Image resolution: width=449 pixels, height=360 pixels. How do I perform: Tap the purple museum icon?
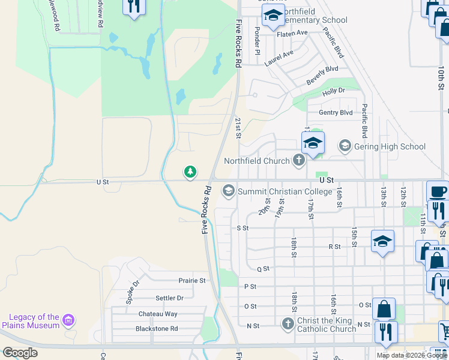(68, 320)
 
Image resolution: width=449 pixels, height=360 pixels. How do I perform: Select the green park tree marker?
(190, 173)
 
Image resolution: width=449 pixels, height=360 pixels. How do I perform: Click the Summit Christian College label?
(285, 191)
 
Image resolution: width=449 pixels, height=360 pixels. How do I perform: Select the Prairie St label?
(192, 280)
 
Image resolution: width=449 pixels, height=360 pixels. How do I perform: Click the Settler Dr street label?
(169, 298)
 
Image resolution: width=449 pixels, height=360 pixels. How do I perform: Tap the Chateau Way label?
(158, 314)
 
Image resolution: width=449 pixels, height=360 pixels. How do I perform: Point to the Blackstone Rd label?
(157, 329)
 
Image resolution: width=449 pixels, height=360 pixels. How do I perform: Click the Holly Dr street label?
(334, 91)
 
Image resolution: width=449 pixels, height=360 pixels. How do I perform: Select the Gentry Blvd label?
(336, 112)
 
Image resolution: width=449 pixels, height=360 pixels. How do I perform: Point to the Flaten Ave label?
(292, 33)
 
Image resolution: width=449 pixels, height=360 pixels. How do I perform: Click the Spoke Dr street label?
(132, 292)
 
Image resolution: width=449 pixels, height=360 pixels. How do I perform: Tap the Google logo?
(20, 353)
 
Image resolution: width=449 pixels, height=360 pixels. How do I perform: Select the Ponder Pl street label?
(257, 40)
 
